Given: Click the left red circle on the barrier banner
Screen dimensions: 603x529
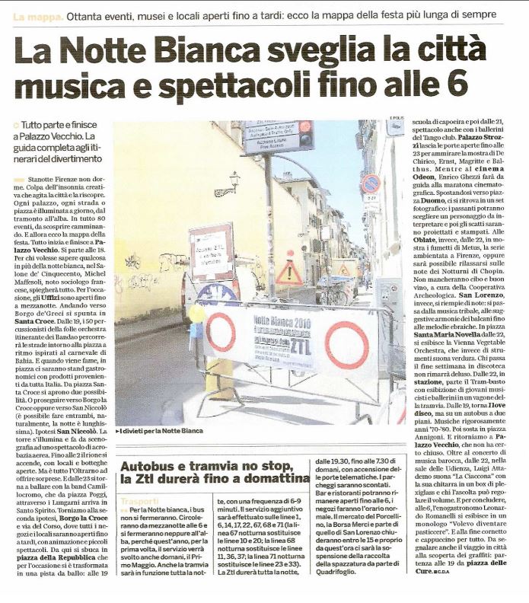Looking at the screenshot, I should pos(221,332).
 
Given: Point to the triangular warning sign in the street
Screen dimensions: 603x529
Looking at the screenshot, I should pos(289,271).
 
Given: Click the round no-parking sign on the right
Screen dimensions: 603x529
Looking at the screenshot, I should pos(371,184).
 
